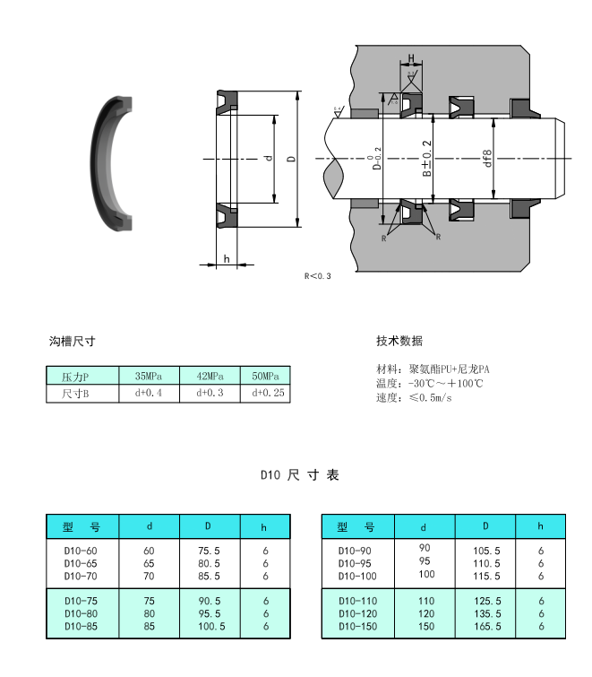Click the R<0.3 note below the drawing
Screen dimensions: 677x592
[x=318, y=276]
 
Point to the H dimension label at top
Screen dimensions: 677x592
[x=411, y=59]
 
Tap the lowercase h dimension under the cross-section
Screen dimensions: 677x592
[x=227, y=259]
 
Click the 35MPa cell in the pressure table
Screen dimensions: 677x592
[x=148, y=376]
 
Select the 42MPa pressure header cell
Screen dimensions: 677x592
[x=209, y=376]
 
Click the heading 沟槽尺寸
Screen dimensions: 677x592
[x=73, y=342]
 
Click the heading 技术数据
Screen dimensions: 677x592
[x=399, y=342]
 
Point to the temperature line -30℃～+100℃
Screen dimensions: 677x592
[x=431, y=383]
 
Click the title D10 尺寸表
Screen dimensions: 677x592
[x=300, y=475]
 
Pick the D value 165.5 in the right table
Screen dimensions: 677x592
[x=485, y=626]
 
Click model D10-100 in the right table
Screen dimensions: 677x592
[x=357, y=576]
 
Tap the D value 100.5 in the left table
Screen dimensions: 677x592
[x=210, y=626]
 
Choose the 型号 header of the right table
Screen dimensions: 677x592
[x=356, y=526]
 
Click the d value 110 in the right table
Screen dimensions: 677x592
[x=425, y=601]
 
